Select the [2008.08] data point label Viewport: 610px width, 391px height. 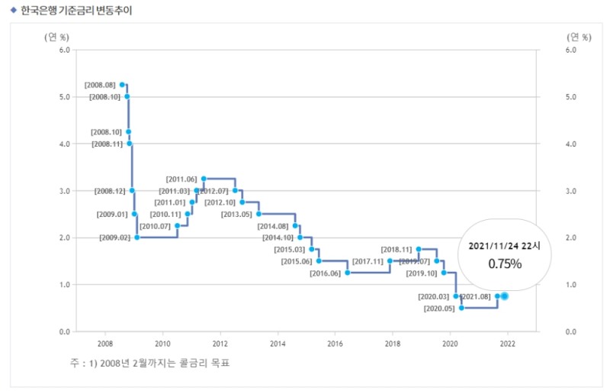click(x=100, y=85)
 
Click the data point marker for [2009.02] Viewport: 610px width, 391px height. click(x=137, y=238)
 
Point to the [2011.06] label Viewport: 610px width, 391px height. click(x=181, y=179)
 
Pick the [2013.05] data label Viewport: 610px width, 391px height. click(x=236, y=214)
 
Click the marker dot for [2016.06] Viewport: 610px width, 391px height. click(x=348, y=273)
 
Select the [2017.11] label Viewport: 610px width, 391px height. click(x=368, y=261)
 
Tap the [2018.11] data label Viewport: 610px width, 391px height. click(x=396, y=249)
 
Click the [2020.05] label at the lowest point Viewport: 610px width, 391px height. click(x=438, y=309)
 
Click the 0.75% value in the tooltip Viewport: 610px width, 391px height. click(x=505, y=264)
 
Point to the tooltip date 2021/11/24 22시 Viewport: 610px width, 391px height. click(x=504, y=246)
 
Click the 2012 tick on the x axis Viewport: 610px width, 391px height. click(x=220, y=344)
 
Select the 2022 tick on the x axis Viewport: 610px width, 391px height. click(x=508, y=344)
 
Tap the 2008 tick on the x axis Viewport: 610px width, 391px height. click(x=105, y=344)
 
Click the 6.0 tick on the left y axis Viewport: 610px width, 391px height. click(x=64, y=50)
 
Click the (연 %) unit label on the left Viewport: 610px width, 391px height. click(x=56, y=36)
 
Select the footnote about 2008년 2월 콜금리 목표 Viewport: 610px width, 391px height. click(x=149, y=363)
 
